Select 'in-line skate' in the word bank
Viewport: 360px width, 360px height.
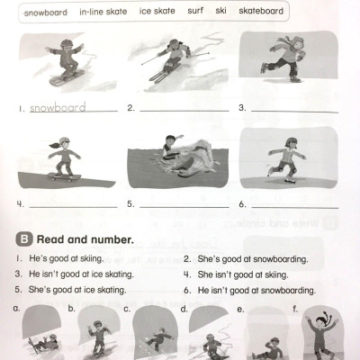[x=103, y=13]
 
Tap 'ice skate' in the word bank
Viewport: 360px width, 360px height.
[x=157, y=13]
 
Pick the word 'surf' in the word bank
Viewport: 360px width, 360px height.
[x=195, y=13]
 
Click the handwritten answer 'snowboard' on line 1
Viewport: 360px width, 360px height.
[x=58, y=108]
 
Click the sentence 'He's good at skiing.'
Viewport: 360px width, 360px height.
[x=58, y=257]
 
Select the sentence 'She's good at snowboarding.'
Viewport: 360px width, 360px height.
[x=239, y=257]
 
